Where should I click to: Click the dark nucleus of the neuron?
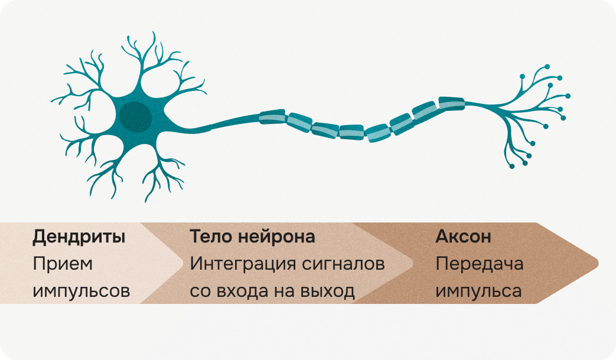click(x=135, y=116)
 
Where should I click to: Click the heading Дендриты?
click(x=79, y=237)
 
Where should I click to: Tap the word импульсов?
click(x=81, y=291)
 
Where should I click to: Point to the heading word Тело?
click(x=207, y=237)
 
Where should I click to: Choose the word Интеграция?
click(x=250, y=264)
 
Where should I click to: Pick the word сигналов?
click(x=350, y=264)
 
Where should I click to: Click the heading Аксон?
click(x=463, y=237)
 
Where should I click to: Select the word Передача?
click(x=479, y=264)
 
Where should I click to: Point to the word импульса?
click(x=478, y=291)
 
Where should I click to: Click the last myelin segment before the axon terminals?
click(x=451, y=103)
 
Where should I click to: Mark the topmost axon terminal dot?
click(x=547, y=66)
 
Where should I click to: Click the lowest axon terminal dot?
click(x=511, y=167)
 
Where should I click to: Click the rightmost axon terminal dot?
click(x=568, y=96)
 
